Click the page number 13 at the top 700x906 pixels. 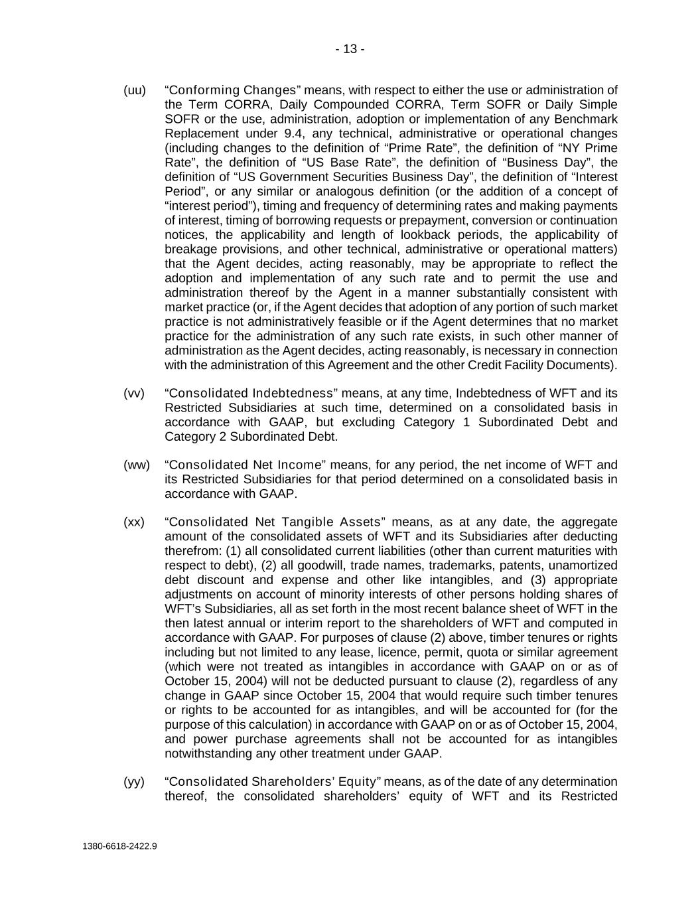(x=350, y=49)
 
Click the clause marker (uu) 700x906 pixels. (x=135, y=90)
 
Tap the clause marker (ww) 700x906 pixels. (x=137, y=465)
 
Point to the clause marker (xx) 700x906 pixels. (x=134, y=522)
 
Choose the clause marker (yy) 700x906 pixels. (x=134, y=782)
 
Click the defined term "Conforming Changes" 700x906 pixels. (x=233, y=90)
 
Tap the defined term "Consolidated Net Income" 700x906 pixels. (x=245, y=465)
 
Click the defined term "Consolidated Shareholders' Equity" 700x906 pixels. (x=273, y=782)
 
